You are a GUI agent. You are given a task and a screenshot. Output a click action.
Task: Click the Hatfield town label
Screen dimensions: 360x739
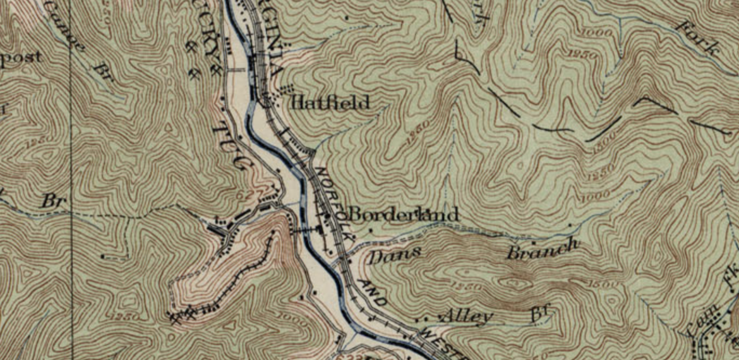(x=330, y=103)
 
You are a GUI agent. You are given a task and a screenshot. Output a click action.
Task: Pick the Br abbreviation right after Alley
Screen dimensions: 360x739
(x=541, y=313)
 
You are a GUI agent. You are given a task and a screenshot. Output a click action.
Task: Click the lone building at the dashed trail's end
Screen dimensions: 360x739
(x=103, y=256)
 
